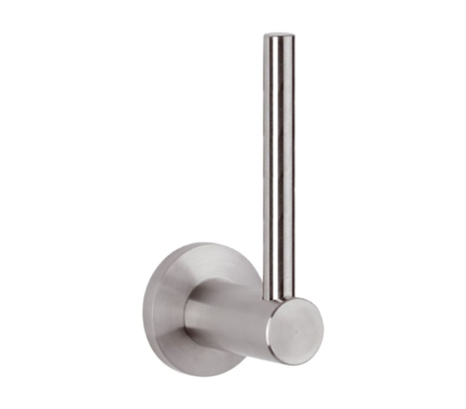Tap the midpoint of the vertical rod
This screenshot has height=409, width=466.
(x=278, y=164)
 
